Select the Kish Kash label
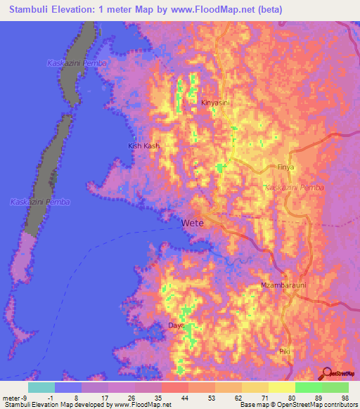pyautogui.click(x=143, y=145)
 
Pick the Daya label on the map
pyautogui.click(x=175, y=325)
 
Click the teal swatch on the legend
pyautogui.click(x=41, y=387)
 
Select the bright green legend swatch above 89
pyautogui.click(x=308, y=387)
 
